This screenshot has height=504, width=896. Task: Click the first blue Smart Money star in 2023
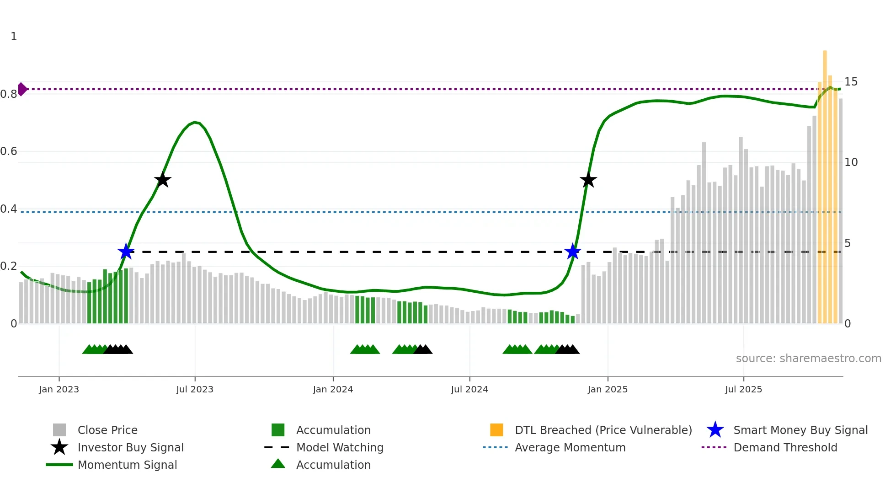coord(126,252)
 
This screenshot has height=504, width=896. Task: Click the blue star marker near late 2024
coord(572,252)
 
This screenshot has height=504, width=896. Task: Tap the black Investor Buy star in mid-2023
coord(162,180)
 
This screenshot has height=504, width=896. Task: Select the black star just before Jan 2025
coord(588,180)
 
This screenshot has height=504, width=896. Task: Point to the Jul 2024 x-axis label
coord(469,389)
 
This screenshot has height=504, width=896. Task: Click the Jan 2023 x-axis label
coord(59,389)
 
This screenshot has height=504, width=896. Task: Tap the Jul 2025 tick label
coord(743,389)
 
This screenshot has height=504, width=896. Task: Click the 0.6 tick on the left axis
coord(9,151)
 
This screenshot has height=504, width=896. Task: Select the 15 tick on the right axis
coord(851,82)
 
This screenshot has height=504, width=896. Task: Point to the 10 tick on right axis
coord(851,162)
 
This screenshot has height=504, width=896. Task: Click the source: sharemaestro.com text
coord(808,359)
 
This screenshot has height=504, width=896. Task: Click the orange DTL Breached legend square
coord(496,430)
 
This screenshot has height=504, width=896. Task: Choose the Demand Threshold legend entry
coord(785,447)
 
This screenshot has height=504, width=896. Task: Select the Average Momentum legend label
coord(570,447)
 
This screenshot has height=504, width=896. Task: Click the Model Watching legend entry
coord(340,447)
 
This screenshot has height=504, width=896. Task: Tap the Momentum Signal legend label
coord(127,465)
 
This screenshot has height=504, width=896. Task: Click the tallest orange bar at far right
coord(825,183)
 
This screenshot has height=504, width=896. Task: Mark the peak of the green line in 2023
coord(195,122)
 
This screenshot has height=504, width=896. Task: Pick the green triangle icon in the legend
coord(278,464)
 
